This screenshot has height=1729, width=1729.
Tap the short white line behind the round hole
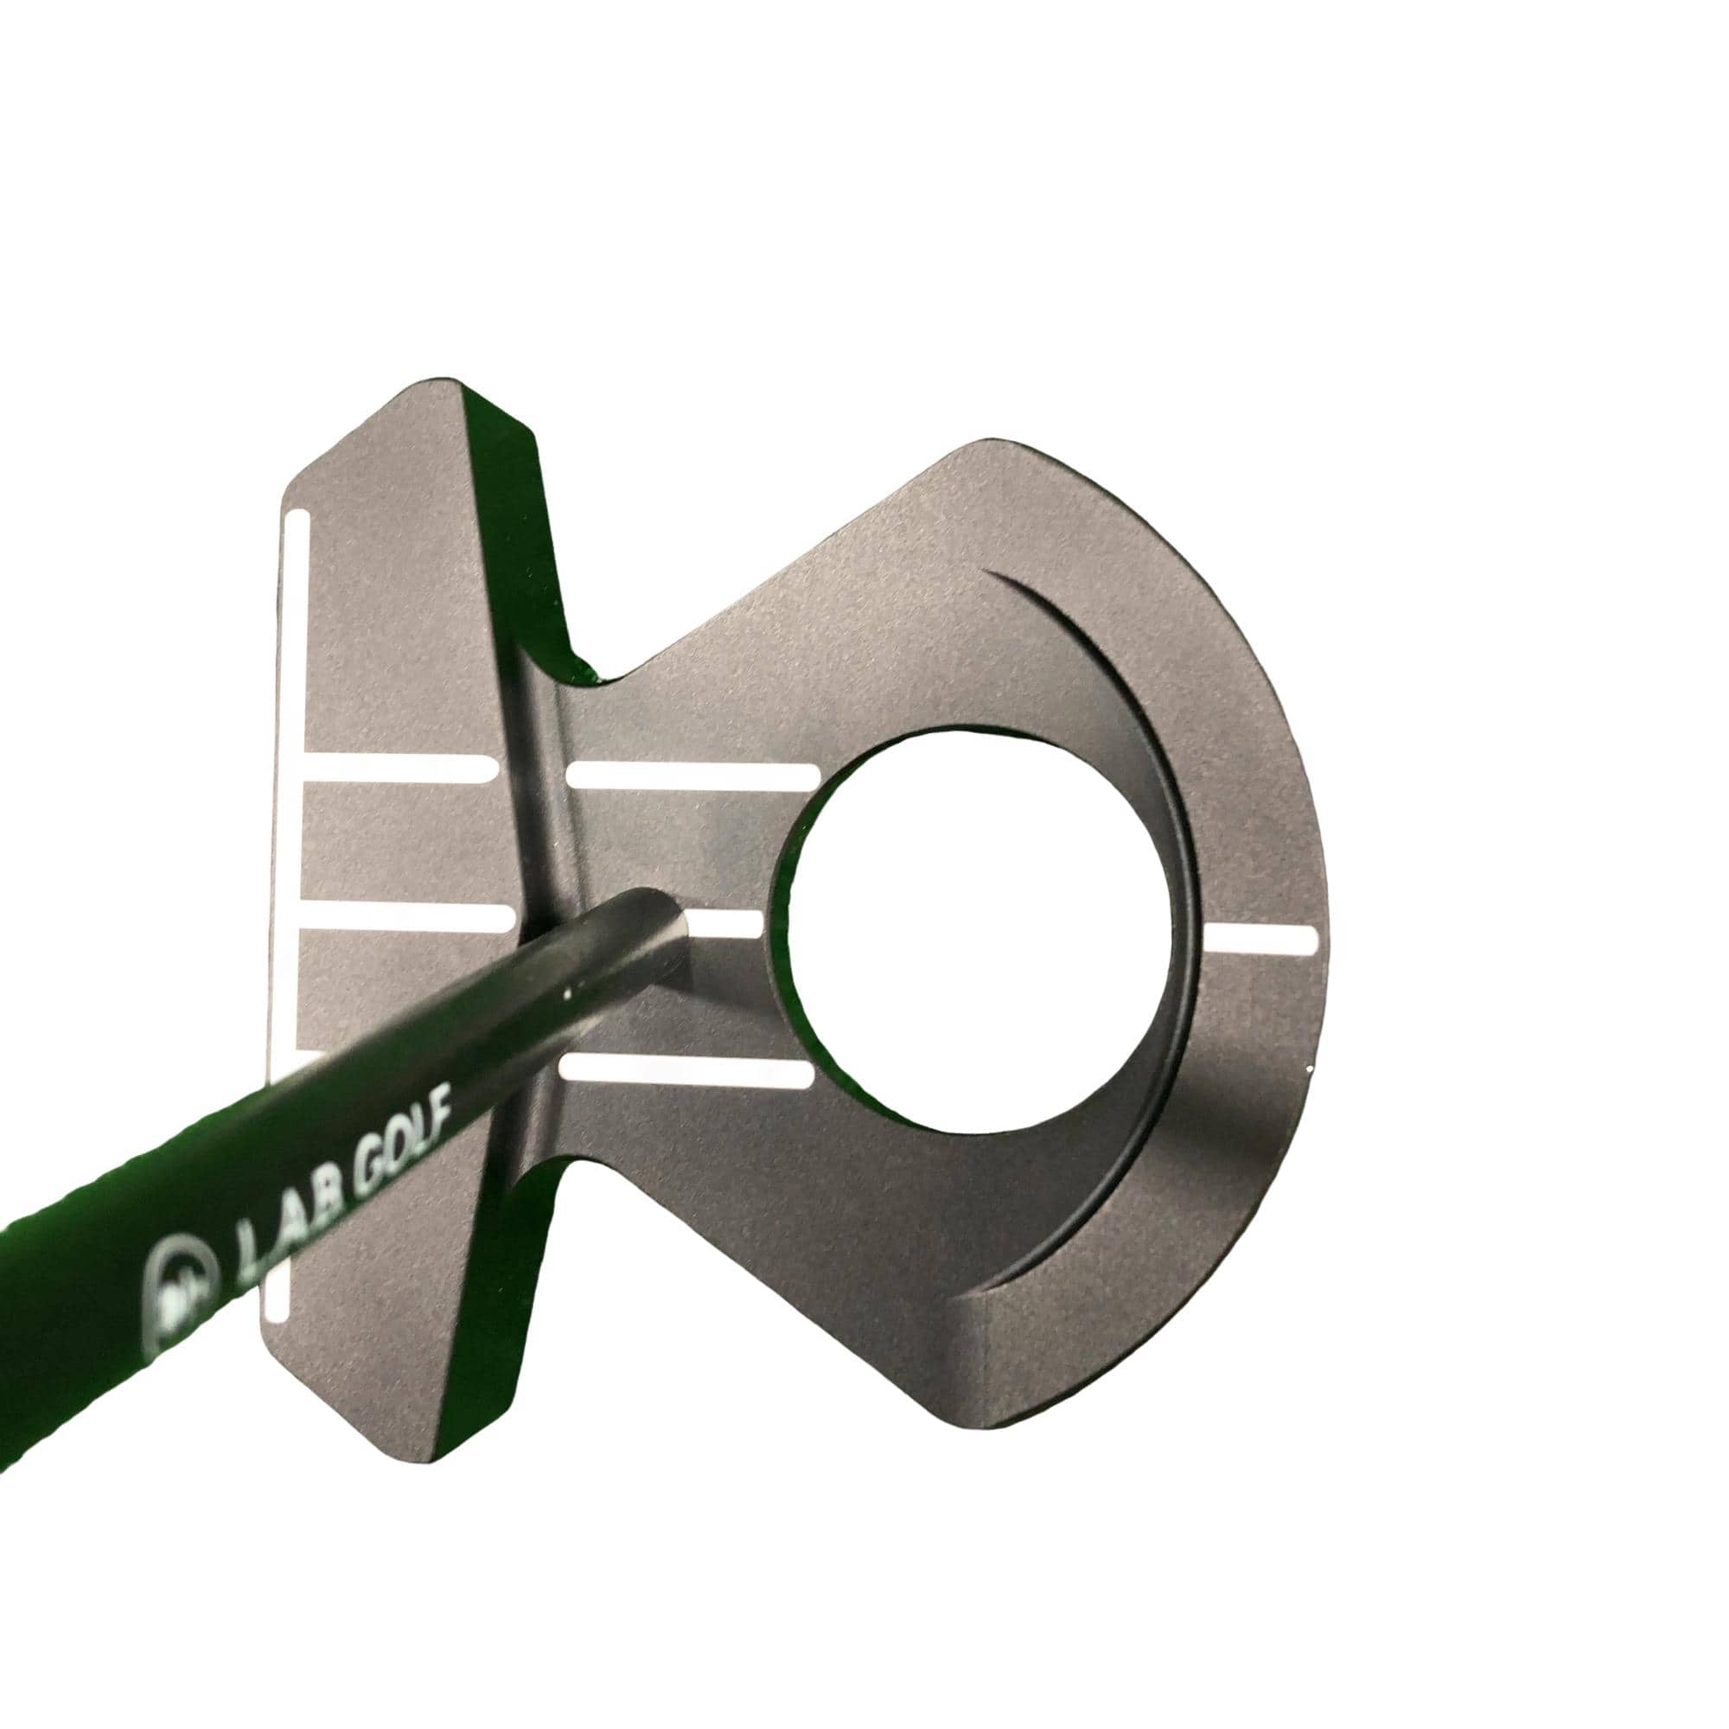click(x=1261, y=939)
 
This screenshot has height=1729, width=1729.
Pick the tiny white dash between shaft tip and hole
click(x=725, y=925)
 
